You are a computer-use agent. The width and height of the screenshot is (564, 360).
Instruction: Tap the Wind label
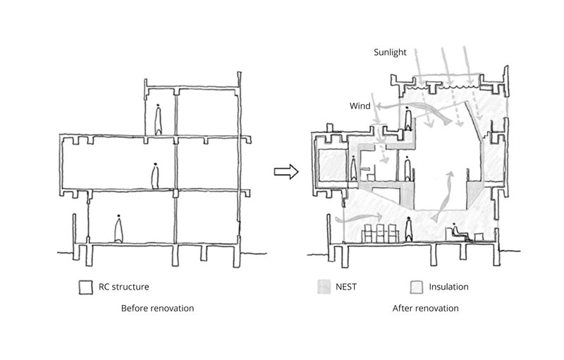(360, 106)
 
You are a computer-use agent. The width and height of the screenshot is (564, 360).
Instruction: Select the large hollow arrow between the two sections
(286, 172)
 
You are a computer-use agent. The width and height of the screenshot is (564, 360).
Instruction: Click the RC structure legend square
(85, 287)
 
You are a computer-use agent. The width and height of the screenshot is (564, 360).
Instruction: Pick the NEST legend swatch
(324, 287)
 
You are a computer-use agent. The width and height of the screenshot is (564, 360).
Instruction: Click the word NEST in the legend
(350, 287)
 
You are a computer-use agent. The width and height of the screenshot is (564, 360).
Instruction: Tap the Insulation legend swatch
(416, 287)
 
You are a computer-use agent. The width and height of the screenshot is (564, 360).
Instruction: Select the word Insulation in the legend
(448, 287)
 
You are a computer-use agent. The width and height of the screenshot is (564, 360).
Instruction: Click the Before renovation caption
(157, 309)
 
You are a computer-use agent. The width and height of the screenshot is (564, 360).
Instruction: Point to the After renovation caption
(426, 309)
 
